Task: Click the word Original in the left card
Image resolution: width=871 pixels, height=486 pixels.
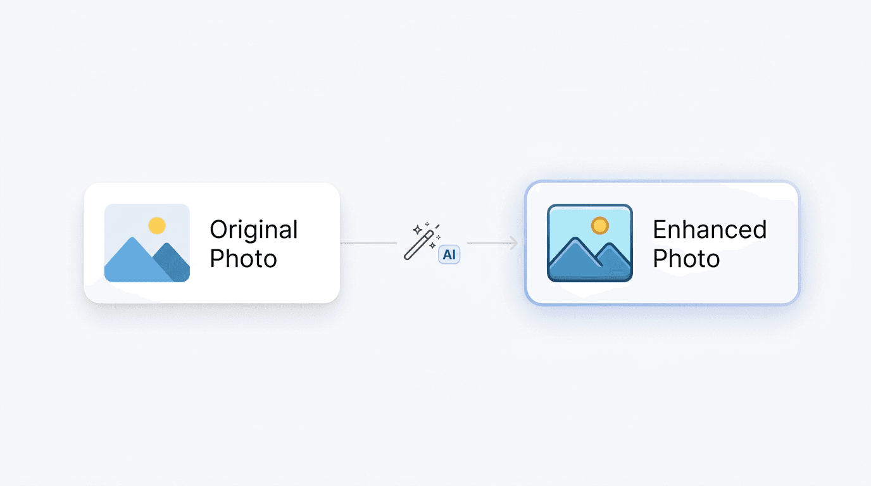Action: (x=254, y=230)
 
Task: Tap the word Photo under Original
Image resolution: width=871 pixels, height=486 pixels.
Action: (x=244, y=259)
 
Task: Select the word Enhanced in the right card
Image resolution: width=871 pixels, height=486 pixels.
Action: (x=710, y=229)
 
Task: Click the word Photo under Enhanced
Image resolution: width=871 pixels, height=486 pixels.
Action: (x=686, y=259)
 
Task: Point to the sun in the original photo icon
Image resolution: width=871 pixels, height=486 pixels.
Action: (x=157, y=225)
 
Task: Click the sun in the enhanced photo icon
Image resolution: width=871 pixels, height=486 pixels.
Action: (x=600, y=225)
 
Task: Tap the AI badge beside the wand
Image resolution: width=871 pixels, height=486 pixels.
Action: (x=449, y=254)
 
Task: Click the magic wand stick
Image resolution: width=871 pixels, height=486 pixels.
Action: (x=419, y=246)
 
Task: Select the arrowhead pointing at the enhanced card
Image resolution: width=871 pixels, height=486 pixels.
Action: (x=514, y=243)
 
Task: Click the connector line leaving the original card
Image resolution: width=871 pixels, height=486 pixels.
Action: (x=368, y=243)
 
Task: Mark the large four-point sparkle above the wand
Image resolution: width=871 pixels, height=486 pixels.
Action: (x=418, y=230)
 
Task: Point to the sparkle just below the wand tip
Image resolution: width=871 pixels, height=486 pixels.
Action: (x=432, y=246)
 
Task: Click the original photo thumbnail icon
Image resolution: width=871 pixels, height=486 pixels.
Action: (x=147, y=243)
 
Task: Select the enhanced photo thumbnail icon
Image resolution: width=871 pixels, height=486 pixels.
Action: (x=590, y=243)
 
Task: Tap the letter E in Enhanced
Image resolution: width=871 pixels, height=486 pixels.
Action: (x=659, y=229)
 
